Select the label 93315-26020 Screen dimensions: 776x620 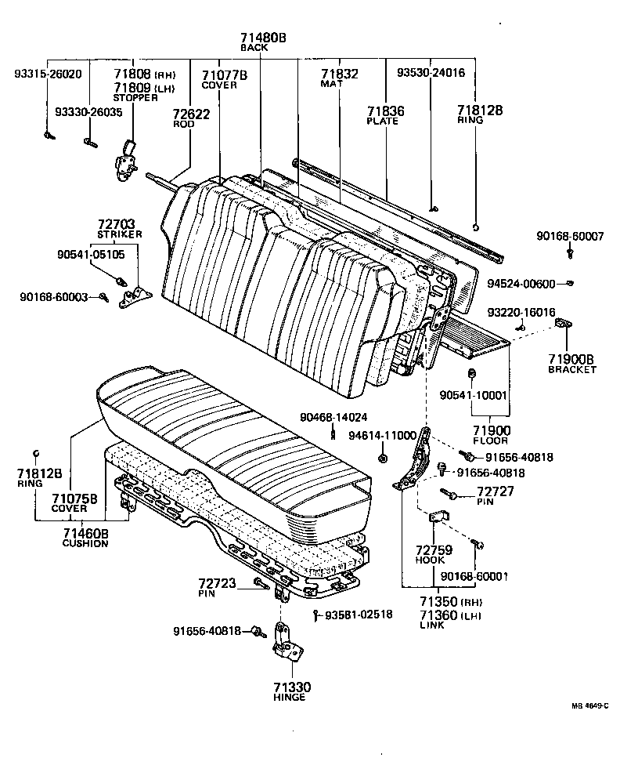click(x=48, y=74)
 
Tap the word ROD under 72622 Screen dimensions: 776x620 click(x=183, y=124)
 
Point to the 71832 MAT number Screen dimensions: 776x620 click(x=339, y=74)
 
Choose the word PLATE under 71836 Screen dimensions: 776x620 click(x=386, y=121)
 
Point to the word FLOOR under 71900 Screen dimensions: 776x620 click(x=491, y=441)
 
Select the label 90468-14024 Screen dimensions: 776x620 click(x=333, y=417)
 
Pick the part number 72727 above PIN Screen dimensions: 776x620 click(x=495, y=491)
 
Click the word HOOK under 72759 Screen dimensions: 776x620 click(x=430, y=560)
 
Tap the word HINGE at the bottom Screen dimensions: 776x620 click(x=289, y=698)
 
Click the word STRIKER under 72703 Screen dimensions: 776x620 click(x=119, y=234)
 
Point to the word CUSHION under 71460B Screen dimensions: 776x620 click(x=85, y=543)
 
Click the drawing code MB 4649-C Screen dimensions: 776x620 click(x=589, y=705)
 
